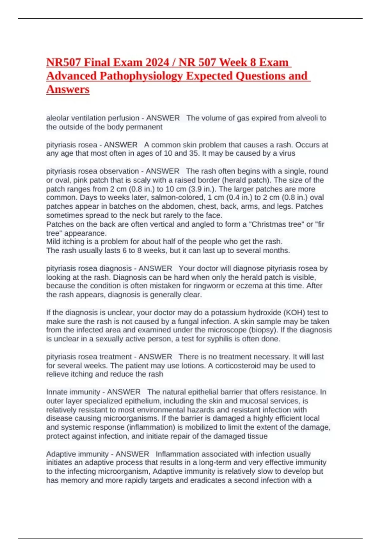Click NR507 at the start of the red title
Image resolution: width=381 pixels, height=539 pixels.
click(x=63, y=62)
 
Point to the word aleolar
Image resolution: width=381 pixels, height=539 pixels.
click(x=57, y=118)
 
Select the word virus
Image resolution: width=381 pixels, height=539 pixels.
click(x=287, y=153)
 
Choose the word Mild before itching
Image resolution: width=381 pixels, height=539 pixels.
click(x=53, y=242)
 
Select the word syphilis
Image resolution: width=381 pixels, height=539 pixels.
click(x=220, y=339)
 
